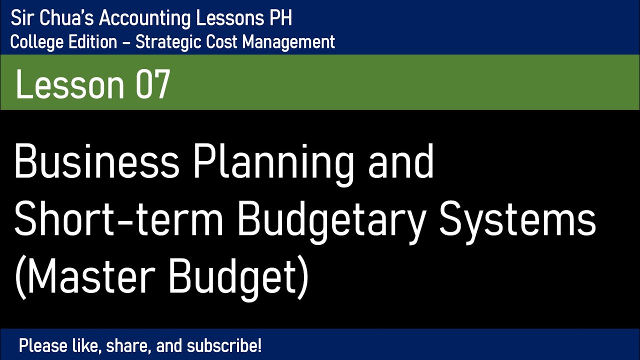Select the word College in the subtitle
click(x=30, y=42)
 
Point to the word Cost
click(x=216, y=42)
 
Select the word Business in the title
click(x=96, y=163)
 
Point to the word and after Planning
click(x=401, y=163)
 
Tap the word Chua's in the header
click(x=71, y=18)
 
